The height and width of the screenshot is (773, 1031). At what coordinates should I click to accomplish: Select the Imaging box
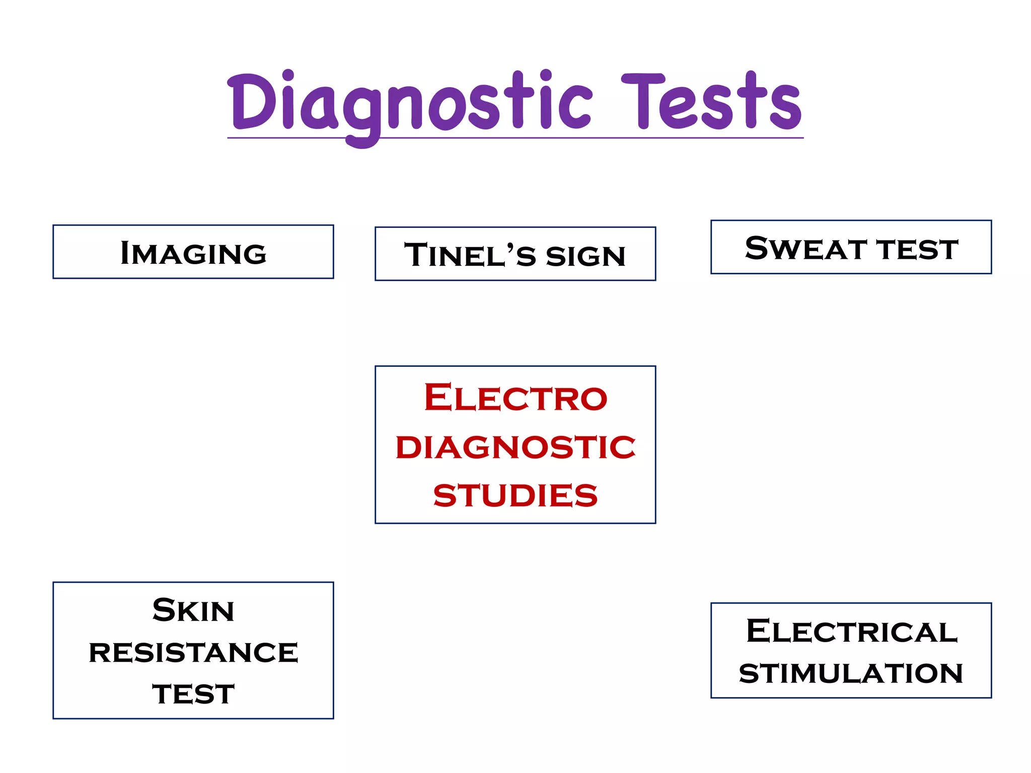coord(193,252)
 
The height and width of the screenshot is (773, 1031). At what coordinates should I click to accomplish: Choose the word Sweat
coord(805,249)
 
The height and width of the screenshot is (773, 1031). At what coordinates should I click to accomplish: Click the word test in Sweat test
coord(917,250)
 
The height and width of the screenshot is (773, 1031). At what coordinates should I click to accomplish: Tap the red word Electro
coord(515,398)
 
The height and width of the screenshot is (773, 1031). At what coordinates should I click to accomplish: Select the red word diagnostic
coord(515,447)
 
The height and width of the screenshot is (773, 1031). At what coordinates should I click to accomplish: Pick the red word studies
coord(515,495)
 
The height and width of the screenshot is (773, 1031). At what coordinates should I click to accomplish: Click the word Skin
coord(193,611)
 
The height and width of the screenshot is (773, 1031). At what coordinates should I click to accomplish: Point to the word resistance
coord(193,653)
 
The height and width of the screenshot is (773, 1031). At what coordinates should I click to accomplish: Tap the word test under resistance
coord(193,694)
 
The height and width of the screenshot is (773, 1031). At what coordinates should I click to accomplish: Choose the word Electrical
coord(851,631)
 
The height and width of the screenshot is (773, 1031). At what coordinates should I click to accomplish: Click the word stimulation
coord(851,673)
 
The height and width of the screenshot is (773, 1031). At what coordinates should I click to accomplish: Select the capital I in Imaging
coord(126,253)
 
